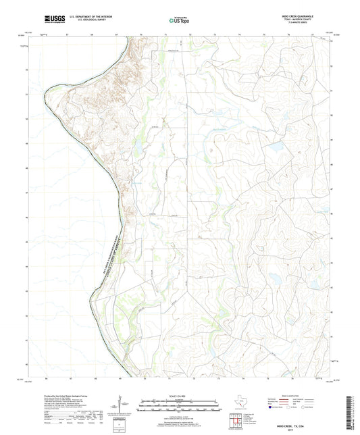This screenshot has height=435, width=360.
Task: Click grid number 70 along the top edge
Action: pos(141,32)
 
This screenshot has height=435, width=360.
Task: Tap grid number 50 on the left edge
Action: pos(27,118)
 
